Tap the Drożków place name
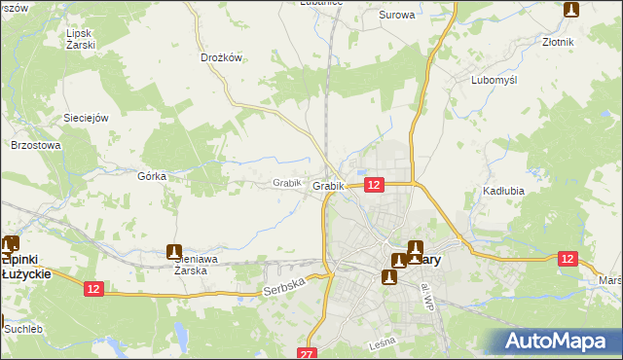click(x=220, y=57)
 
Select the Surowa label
click(x=396, y=16)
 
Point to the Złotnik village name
click(x=558, y=43)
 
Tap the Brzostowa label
click(x=36, y=145)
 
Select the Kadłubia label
click(x=503, y=192)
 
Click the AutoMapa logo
click(x=560, y=341)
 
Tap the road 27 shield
click(x=309, y=353)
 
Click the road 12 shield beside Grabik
click(x=375, y=184)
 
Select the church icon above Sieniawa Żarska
click(x=174, y=251)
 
